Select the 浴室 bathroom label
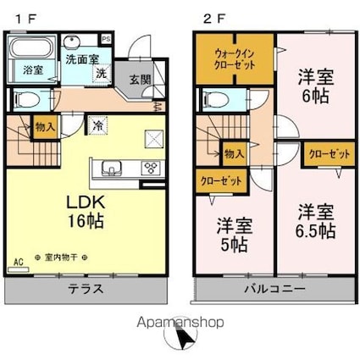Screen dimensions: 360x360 (x=32, y=69)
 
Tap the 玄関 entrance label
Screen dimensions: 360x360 (x=140, y=80)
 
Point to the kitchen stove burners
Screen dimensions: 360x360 (x=152, y=166)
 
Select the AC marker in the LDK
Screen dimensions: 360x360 (x=17, y=263)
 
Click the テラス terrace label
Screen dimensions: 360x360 (x=86, y=289)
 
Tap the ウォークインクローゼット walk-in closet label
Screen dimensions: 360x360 (x=235, y=58)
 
